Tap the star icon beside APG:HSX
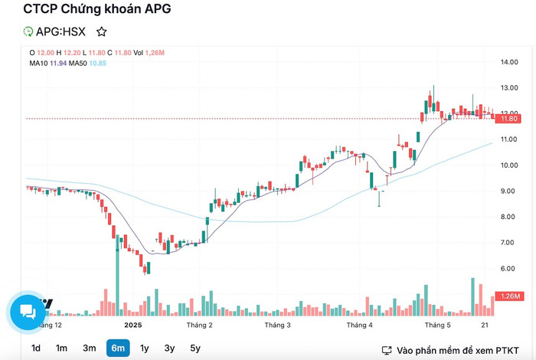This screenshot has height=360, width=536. click(102, 32)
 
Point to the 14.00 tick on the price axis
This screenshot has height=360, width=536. click(510, 62)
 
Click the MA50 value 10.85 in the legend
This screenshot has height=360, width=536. click(97, 63)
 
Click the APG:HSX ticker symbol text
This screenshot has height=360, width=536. click(61, 32)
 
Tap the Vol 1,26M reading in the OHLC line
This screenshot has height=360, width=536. click(149, 52)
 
